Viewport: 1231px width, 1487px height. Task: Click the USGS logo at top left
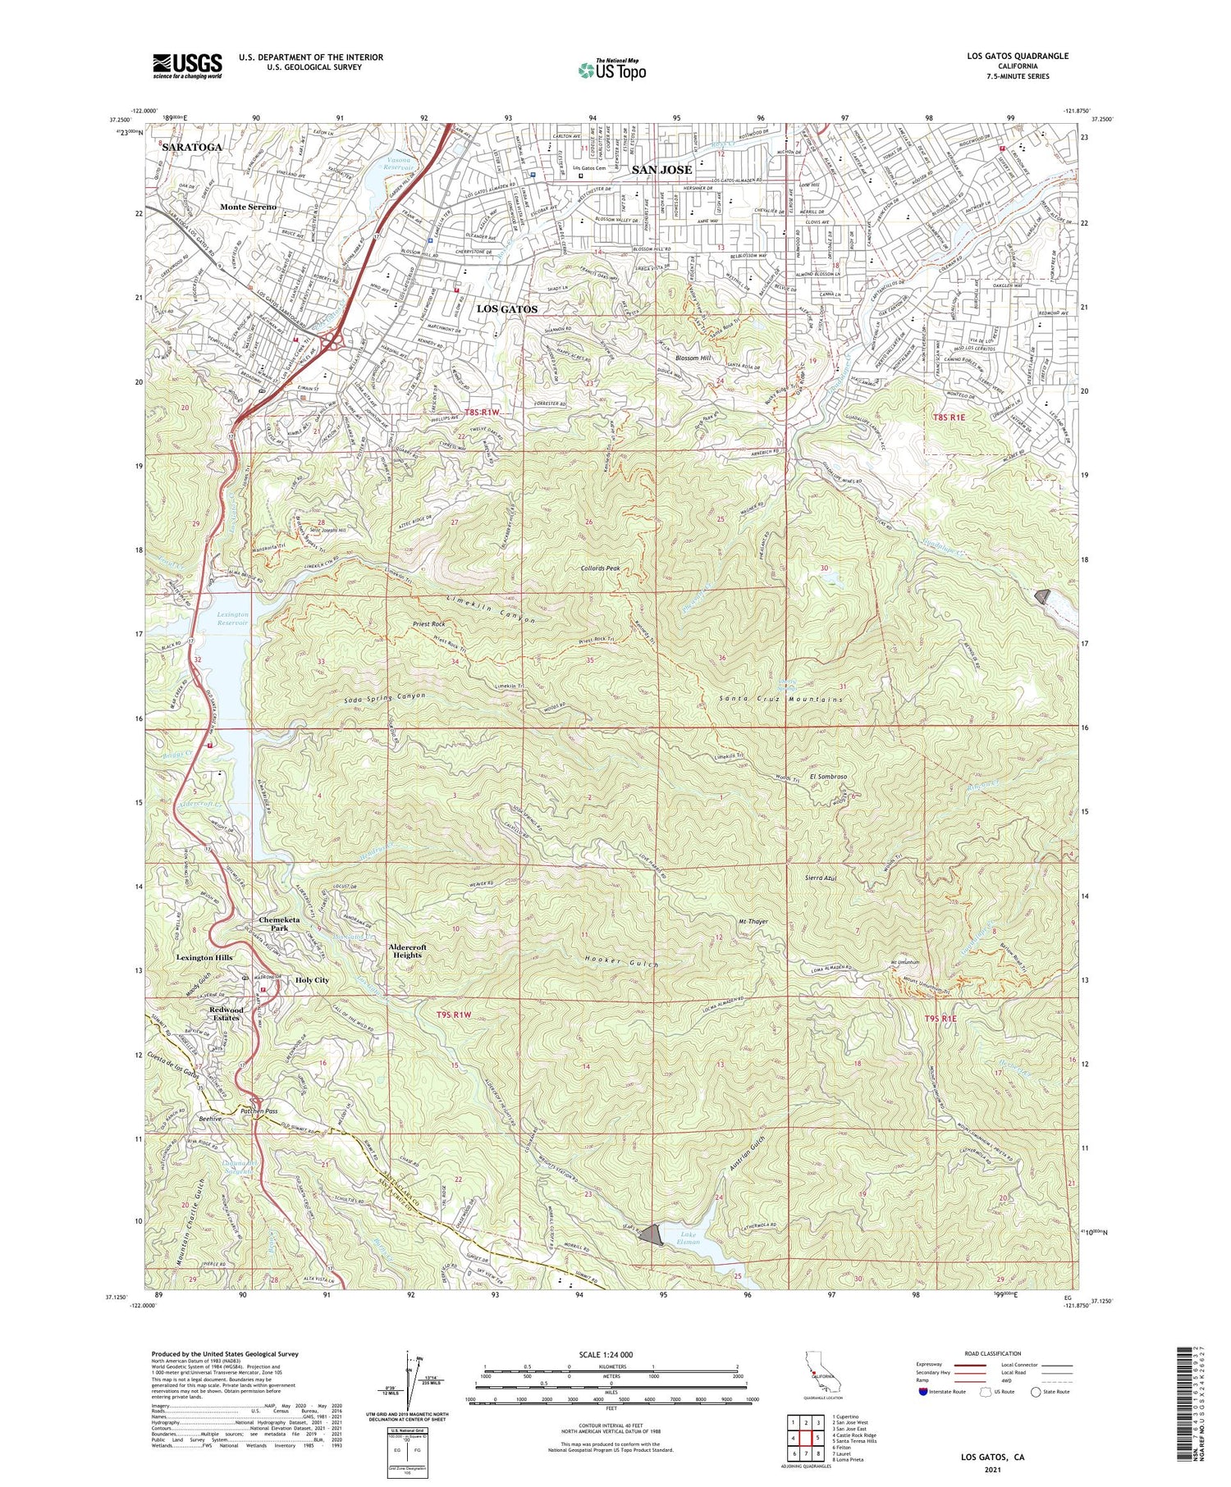pos(187,65)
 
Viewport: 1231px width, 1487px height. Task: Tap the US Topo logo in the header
pos(611,70)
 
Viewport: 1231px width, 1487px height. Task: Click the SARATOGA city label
pos(192,147)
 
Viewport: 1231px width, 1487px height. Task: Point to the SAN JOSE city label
pos(661,170)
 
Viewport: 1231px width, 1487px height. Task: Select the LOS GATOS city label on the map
pos(507,309)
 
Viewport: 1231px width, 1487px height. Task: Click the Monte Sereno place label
pos(248,208)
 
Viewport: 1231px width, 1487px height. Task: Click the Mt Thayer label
pos(753,922)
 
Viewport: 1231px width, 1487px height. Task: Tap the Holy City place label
pos(312,980)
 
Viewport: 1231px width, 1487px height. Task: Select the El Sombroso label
pos(828,776)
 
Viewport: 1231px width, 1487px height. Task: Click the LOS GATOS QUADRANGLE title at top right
pos(1018,56)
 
